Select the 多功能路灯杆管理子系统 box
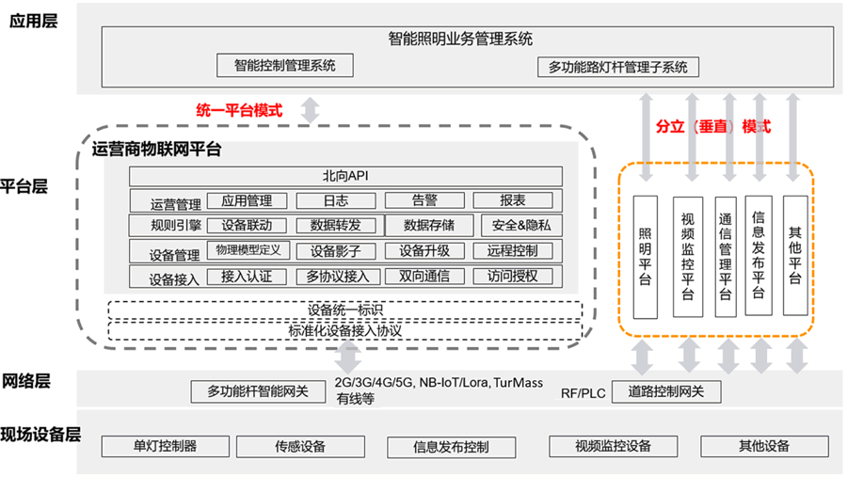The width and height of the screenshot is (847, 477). coord(618,67)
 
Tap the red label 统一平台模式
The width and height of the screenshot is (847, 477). coord(238,110)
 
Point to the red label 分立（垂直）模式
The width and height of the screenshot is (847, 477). coord(712,125)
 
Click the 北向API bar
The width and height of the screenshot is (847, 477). coord(344,177)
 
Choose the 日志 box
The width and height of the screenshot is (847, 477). coord(335,200)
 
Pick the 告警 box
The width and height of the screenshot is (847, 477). coord(424,200)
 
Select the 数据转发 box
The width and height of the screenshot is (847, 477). coord(335,226)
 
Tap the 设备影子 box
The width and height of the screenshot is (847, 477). coord(335,251)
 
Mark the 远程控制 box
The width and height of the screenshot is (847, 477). coord(513,251)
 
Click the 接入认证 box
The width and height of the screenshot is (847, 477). coord(246,277)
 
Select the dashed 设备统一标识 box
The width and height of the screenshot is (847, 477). coord(344,310)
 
